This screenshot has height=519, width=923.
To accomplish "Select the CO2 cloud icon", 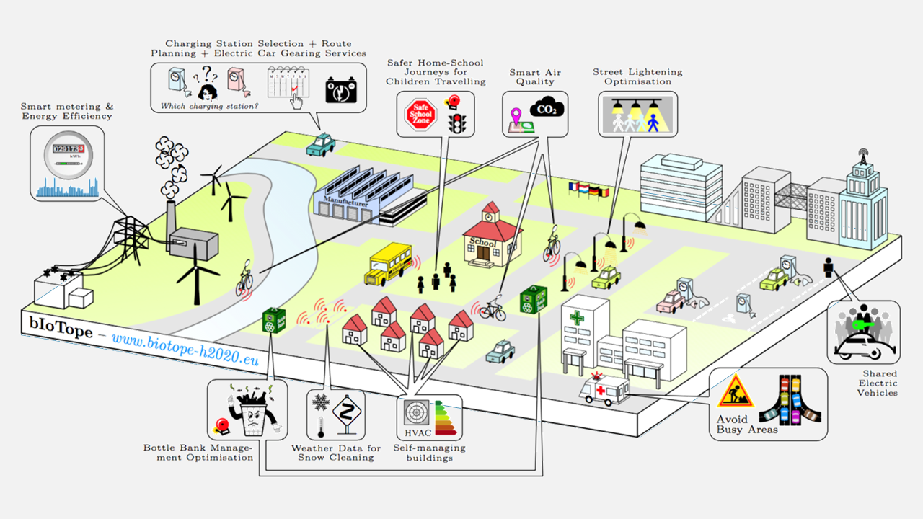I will click(547, 109).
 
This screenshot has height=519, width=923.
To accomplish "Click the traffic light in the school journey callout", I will click(455, 123).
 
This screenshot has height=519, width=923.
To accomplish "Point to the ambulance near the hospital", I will click(605, 390).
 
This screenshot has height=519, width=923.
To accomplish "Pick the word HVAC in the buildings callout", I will click(416, 433).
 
